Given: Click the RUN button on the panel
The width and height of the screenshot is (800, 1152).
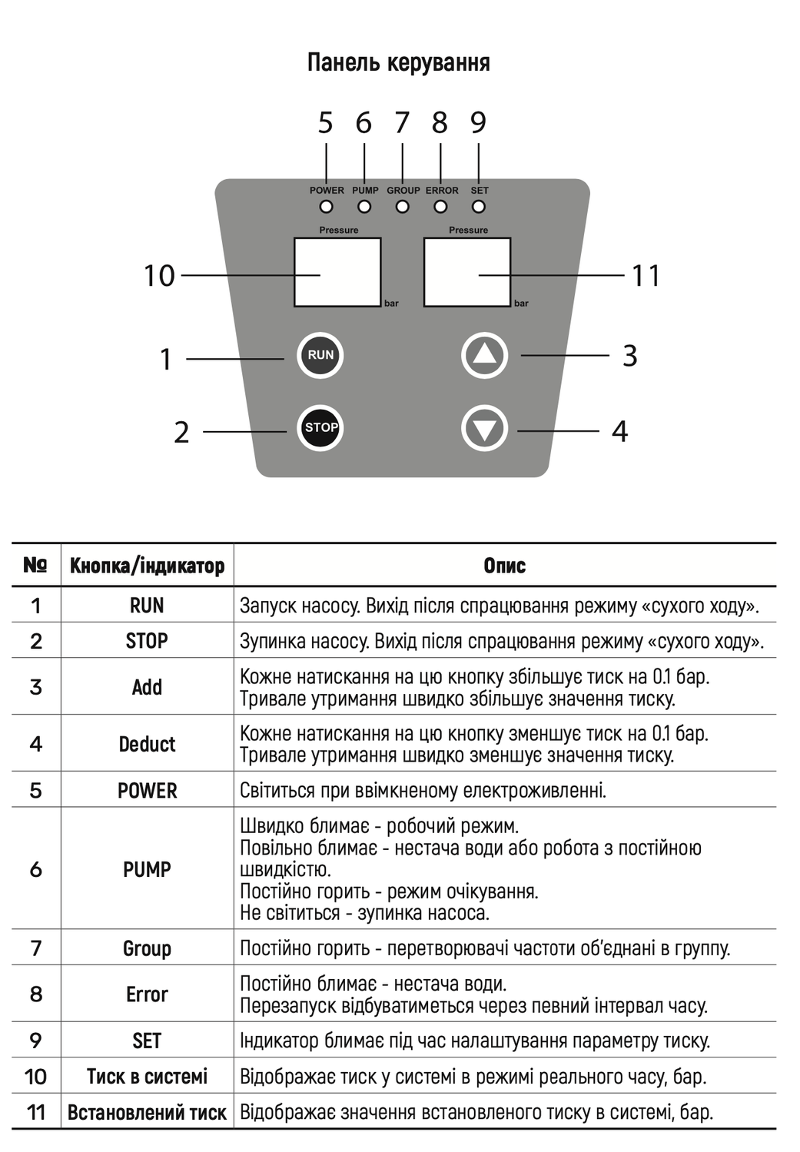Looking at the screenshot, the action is [320, 355].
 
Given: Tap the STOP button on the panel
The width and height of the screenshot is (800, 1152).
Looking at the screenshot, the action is [320, 428].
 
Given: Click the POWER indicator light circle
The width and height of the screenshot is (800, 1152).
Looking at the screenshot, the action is [327, 207].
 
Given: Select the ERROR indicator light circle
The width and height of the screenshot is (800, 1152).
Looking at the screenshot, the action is [440, 207].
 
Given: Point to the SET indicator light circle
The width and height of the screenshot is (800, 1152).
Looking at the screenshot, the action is [479, 207].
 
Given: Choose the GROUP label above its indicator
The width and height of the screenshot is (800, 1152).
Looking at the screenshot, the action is [403, 191].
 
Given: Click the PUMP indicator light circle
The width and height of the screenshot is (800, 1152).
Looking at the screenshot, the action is [364, 207].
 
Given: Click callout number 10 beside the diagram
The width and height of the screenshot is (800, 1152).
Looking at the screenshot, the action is [159, 276].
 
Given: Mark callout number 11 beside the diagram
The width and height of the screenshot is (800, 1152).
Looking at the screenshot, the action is [646, 276].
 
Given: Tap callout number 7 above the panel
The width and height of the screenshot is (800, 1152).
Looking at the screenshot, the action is [402, 123].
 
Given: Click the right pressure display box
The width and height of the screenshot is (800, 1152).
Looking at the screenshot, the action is [467, 272].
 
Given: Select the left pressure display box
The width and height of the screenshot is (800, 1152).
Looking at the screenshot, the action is [338, 272].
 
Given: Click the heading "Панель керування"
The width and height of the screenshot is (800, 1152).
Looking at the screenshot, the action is [398, 62].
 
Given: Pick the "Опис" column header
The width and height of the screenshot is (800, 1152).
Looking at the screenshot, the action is [505, 566].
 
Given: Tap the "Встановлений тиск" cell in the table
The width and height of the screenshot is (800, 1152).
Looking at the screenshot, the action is [147, 1112].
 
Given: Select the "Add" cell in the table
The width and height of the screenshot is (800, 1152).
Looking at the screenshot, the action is [147, 687].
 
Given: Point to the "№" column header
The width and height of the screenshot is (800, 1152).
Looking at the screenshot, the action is [35, 565].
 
